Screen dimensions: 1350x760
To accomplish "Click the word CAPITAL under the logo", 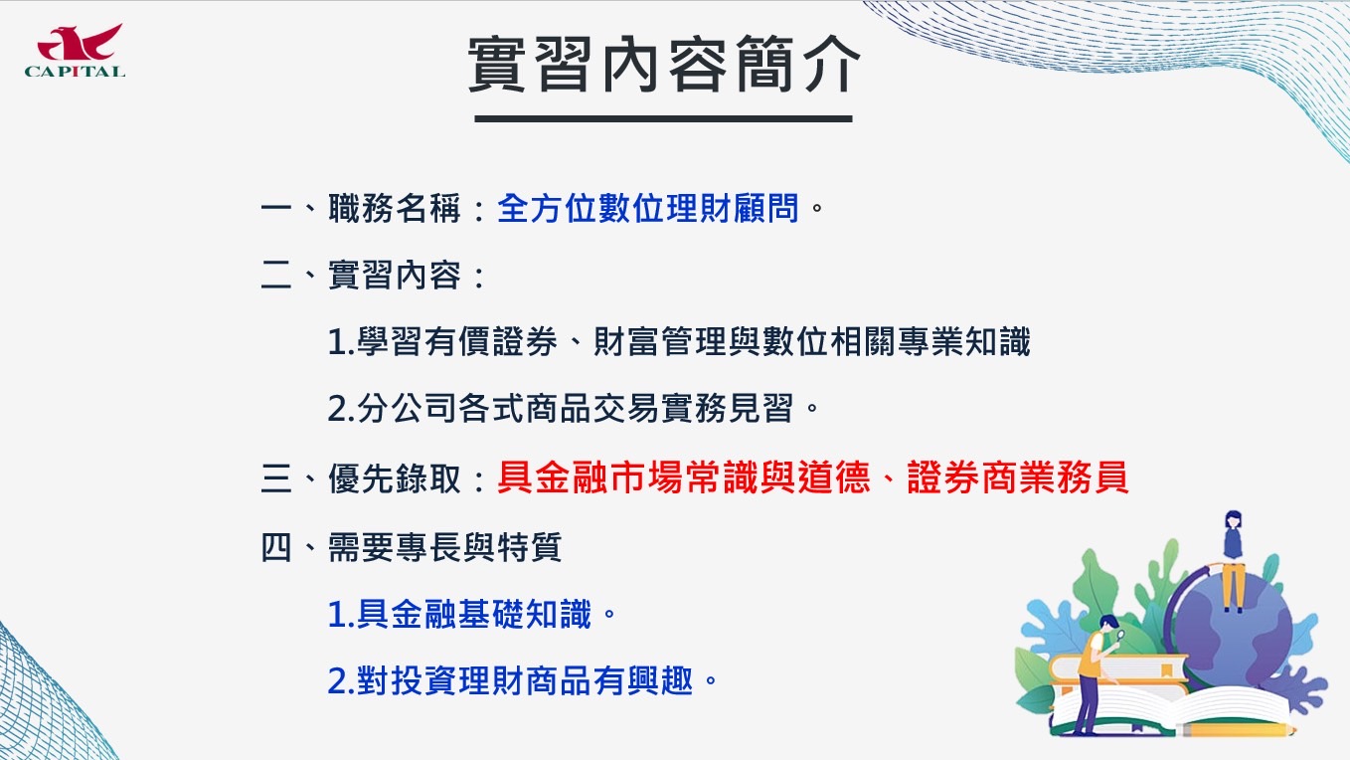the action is (x=75, y=72).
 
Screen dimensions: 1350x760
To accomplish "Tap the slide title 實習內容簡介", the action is (x=663, y=64).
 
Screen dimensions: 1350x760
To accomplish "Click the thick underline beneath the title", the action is (x=663, y=118).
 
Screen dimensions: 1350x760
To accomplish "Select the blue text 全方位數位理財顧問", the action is (x=648, y=208).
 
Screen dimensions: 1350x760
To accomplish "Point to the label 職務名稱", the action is (x=395, y=208).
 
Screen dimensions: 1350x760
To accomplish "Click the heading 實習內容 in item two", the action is (x=395, y=275).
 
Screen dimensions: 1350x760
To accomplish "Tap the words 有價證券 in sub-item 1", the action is (x=490, y=341).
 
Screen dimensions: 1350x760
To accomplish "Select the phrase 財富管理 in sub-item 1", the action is (x=660, y=341).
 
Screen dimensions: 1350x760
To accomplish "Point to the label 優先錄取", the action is (x=395, y=478).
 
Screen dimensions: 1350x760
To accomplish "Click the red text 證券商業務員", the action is (x=1018, y=477).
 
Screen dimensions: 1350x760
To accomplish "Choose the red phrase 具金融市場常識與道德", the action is (x=684, y=477).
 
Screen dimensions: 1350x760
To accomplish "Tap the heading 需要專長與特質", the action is (x=444, y=548).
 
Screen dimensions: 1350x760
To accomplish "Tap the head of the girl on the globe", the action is (x=1234, y=520).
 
